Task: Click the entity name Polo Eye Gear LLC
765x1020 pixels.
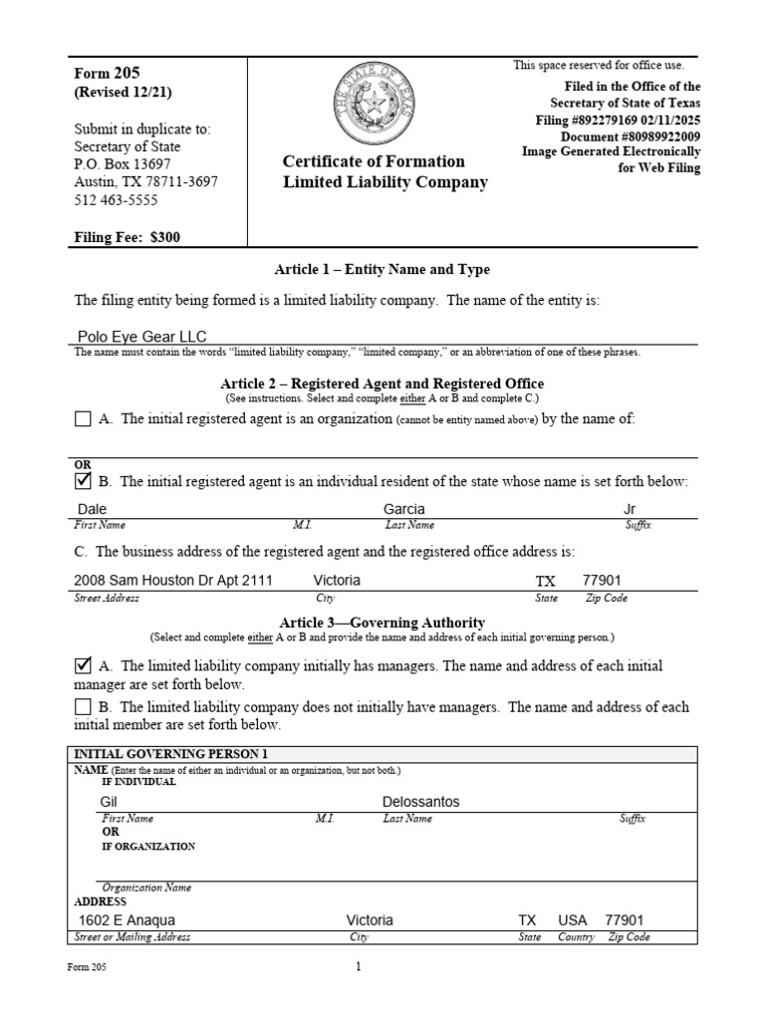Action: [x=141, y=337]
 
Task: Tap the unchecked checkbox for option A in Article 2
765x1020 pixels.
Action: [x=83, y=419]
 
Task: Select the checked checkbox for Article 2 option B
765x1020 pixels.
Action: [x=83, y=482]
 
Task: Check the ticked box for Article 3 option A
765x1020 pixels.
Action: [x=83, y=665]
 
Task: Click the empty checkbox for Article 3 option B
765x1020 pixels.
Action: [x=83, y=707]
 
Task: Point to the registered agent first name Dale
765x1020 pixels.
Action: [x=91, y=509]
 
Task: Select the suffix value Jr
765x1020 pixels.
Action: [x=629, y=509]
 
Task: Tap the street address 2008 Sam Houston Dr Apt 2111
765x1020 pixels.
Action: [x=173, y=581]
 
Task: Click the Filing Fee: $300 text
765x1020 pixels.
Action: [x=127, y=238]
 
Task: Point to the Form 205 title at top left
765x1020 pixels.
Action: [x=107, y=73]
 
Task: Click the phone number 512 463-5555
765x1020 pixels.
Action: [x=116, y=200]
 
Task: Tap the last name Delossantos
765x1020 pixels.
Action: [x=420, y=802]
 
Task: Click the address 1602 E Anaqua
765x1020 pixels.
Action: [x=127, y=921]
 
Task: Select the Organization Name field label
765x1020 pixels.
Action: [x=146, y=888]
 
